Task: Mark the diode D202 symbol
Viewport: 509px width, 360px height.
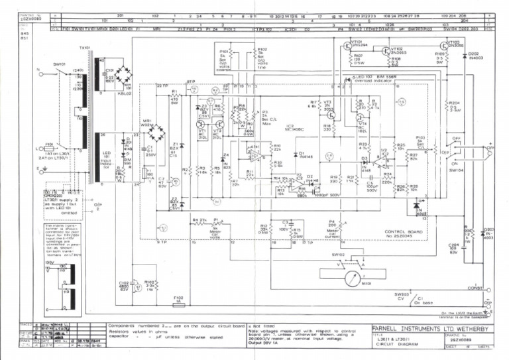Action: [x=463, y=58]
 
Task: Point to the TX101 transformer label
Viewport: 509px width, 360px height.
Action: [x=85, y=48]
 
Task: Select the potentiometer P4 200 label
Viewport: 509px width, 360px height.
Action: [x=331, y=224]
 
